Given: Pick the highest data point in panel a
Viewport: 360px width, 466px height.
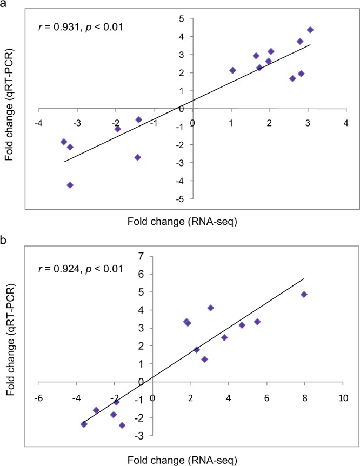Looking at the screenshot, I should [310, 30].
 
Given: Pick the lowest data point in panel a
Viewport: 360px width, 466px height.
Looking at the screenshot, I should [70, 185].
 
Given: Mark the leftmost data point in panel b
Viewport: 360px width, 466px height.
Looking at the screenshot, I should [84, 424].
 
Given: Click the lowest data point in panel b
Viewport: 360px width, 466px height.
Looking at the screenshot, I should [122, 425].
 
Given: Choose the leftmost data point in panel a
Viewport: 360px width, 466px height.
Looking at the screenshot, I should [64, 142].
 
